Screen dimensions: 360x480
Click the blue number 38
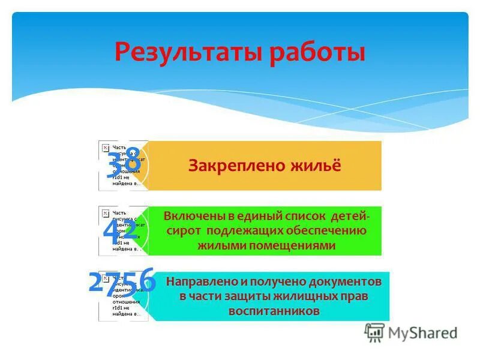coord(124,162)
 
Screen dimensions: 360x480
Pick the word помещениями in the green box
coord(298,245)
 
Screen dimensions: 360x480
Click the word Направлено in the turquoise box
coord(205,281)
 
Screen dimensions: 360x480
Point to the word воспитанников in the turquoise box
coord(274,311)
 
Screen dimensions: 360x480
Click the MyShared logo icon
coord(374,331)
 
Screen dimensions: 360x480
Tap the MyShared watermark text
coord(423,332)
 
